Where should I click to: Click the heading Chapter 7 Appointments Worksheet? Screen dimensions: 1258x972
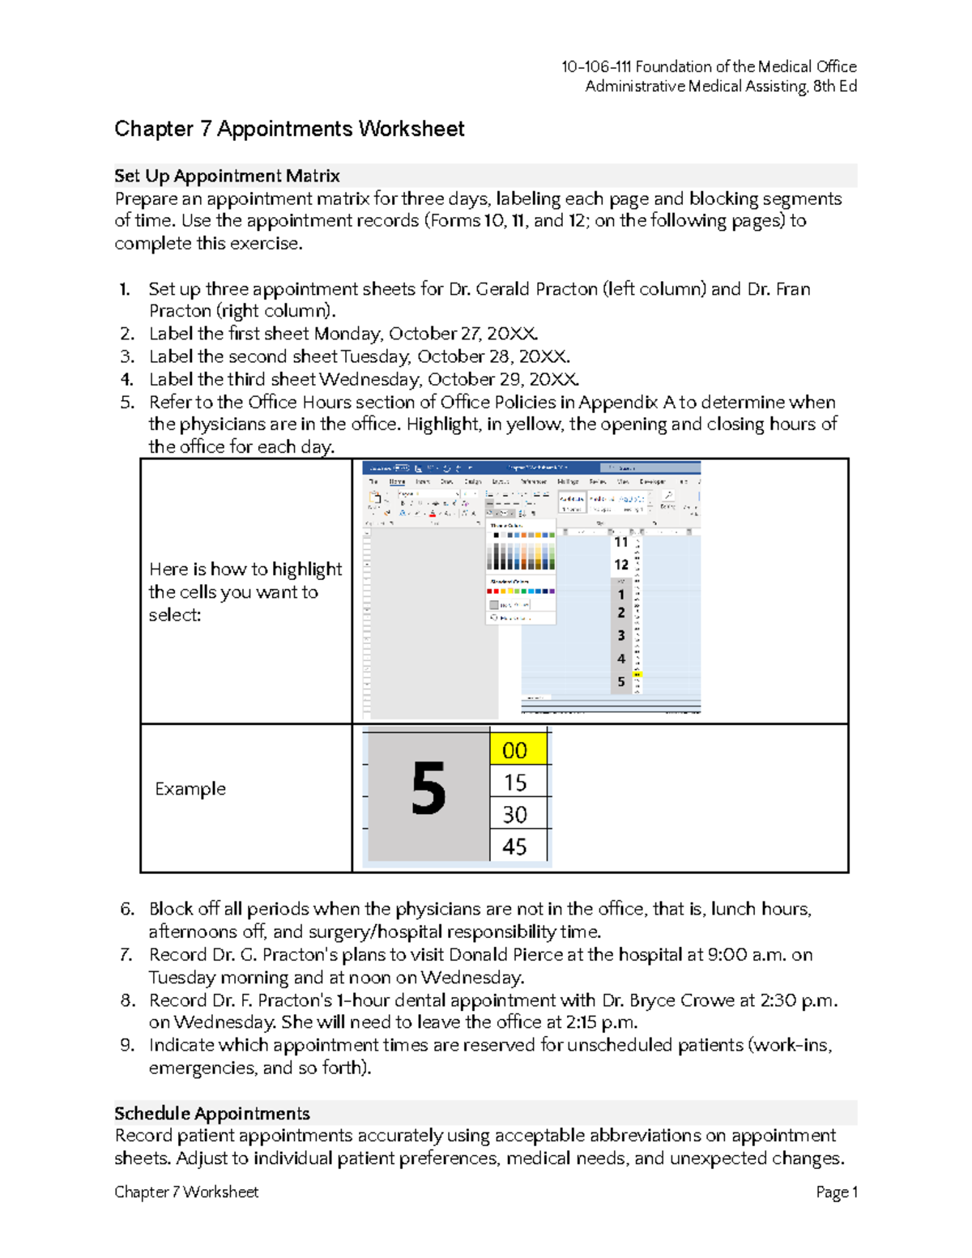289,129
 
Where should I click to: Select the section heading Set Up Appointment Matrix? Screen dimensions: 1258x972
227,176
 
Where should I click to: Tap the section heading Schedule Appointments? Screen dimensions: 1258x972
212,1113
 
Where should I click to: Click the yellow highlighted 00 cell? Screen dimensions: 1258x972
515,750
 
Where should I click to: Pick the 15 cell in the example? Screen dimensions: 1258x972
515,783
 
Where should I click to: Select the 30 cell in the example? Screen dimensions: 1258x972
515,814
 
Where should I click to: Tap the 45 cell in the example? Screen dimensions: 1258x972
515,846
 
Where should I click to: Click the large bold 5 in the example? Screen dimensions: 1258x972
428,790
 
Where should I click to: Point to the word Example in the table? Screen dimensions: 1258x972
190,789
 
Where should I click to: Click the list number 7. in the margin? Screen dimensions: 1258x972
126,955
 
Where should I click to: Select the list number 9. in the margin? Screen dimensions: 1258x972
126,1045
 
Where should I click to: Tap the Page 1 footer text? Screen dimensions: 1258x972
836,1192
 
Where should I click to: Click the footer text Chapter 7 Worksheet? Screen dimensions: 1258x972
186,1192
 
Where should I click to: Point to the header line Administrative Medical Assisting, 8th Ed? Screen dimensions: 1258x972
720,87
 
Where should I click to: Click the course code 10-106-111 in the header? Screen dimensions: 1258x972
597,66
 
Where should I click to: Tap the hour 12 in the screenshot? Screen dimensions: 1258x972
621,565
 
